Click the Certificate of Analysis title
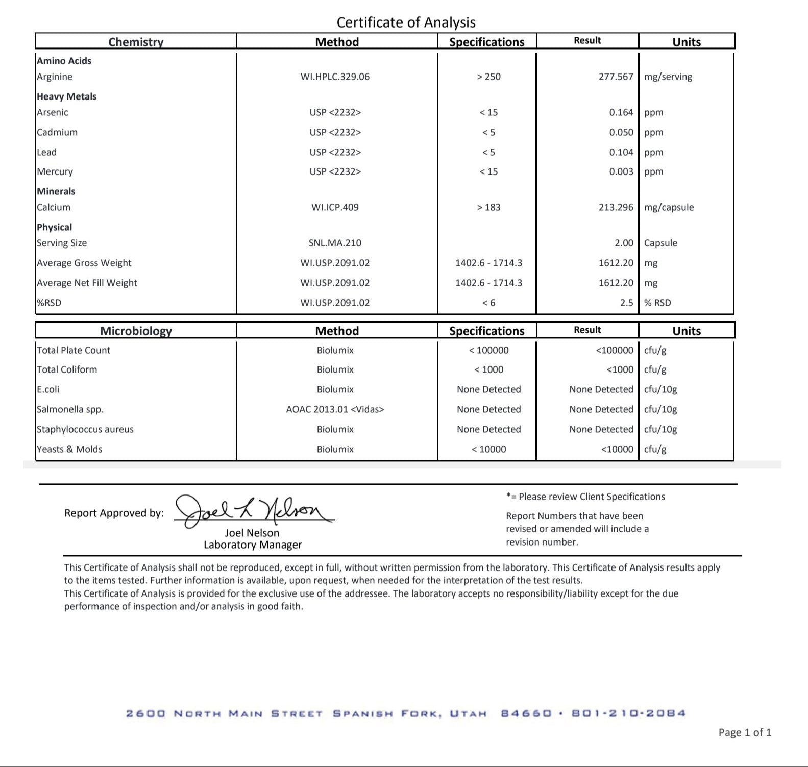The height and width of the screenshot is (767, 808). (x=406, y=22)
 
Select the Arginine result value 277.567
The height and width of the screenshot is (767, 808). (x=616, y=77)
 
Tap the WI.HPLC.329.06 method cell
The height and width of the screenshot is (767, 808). (x=335, y=77)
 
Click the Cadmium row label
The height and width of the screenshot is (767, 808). (x=57, y=132)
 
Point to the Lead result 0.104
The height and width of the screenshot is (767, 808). (x=621, y=152)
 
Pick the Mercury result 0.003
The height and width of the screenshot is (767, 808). (x=621, y=171)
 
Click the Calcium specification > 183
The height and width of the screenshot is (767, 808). (x=488, y=207)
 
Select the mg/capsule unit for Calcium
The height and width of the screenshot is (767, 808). (x=669, y=207)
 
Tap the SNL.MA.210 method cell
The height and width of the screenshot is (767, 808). (x=335, y=243)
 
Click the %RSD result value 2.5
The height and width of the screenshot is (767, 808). (x=626, y=303)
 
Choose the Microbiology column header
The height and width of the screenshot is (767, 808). (x=136, y=331)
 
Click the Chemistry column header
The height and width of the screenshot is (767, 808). (x=136, y=42)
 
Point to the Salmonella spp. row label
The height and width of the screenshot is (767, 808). (x=70, y=409)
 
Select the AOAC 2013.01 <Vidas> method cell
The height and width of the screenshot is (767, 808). (x=335, y=409)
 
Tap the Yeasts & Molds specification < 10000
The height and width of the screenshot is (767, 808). (x=488, y=449)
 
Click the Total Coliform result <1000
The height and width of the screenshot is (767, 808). (x=620, y=369)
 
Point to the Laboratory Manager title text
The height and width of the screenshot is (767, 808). (x=253, y=545)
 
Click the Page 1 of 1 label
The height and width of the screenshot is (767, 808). (x=745, y=733)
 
